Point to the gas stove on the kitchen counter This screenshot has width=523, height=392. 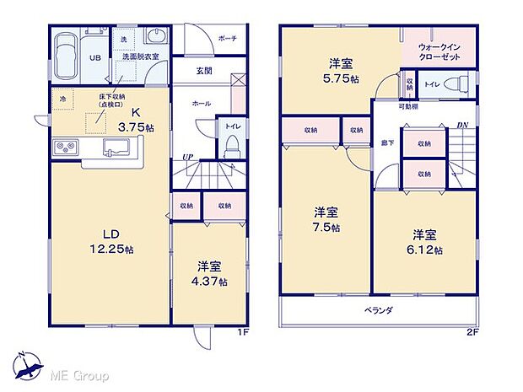(x=65, y=149)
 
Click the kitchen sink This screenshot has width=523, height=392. (x=116, y=148)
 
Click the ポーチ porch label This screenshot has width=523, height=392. (x=226, y=38)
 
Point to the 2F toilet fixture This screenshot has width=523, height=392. (x=456, y=83)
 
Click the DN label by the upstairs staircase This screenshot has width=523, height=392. (x=462, y=126)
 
